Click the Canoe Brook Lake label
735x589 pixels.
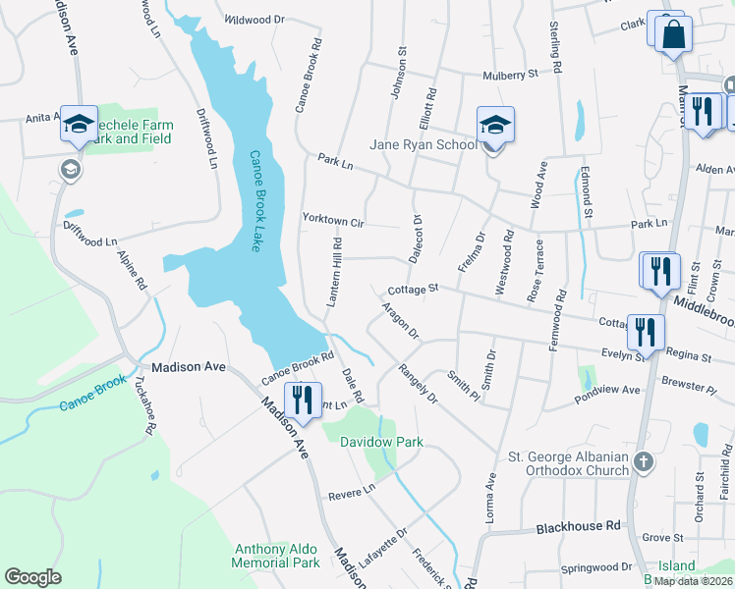254,201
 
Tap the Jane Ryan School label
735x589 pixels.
423,145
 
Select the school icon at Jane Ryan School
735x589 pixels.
495,126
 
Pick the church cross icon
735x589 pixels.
643,460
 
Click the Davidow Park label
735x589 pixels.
381,443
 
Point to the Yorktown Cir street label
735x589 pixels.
333,222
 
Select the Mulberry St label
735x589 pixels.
510,74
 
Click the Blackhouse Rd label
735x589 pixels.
579,527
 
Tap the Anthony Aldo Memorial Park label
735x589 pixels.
276,556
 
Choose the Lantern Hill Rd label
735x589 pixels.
334,272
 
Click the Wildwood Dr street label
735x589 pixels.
254,19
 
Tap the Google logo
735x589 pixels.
32,577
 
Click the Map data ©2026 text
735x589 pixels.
692,581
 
